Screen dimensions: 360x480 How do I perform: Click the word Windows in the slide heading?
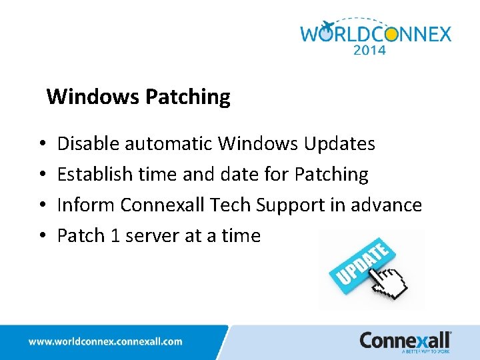click(93, 97)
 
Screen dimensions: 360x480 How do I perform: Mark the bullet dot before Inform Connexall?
click(41, 205)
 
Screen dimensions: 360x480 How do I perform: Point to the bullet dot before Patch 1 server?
click(41, 236)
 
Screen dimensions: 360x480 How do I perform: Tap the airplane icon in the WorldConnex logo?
click(327, 27)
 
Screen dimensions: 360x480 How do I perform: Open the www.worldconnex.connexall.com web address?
click(105, 341)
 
